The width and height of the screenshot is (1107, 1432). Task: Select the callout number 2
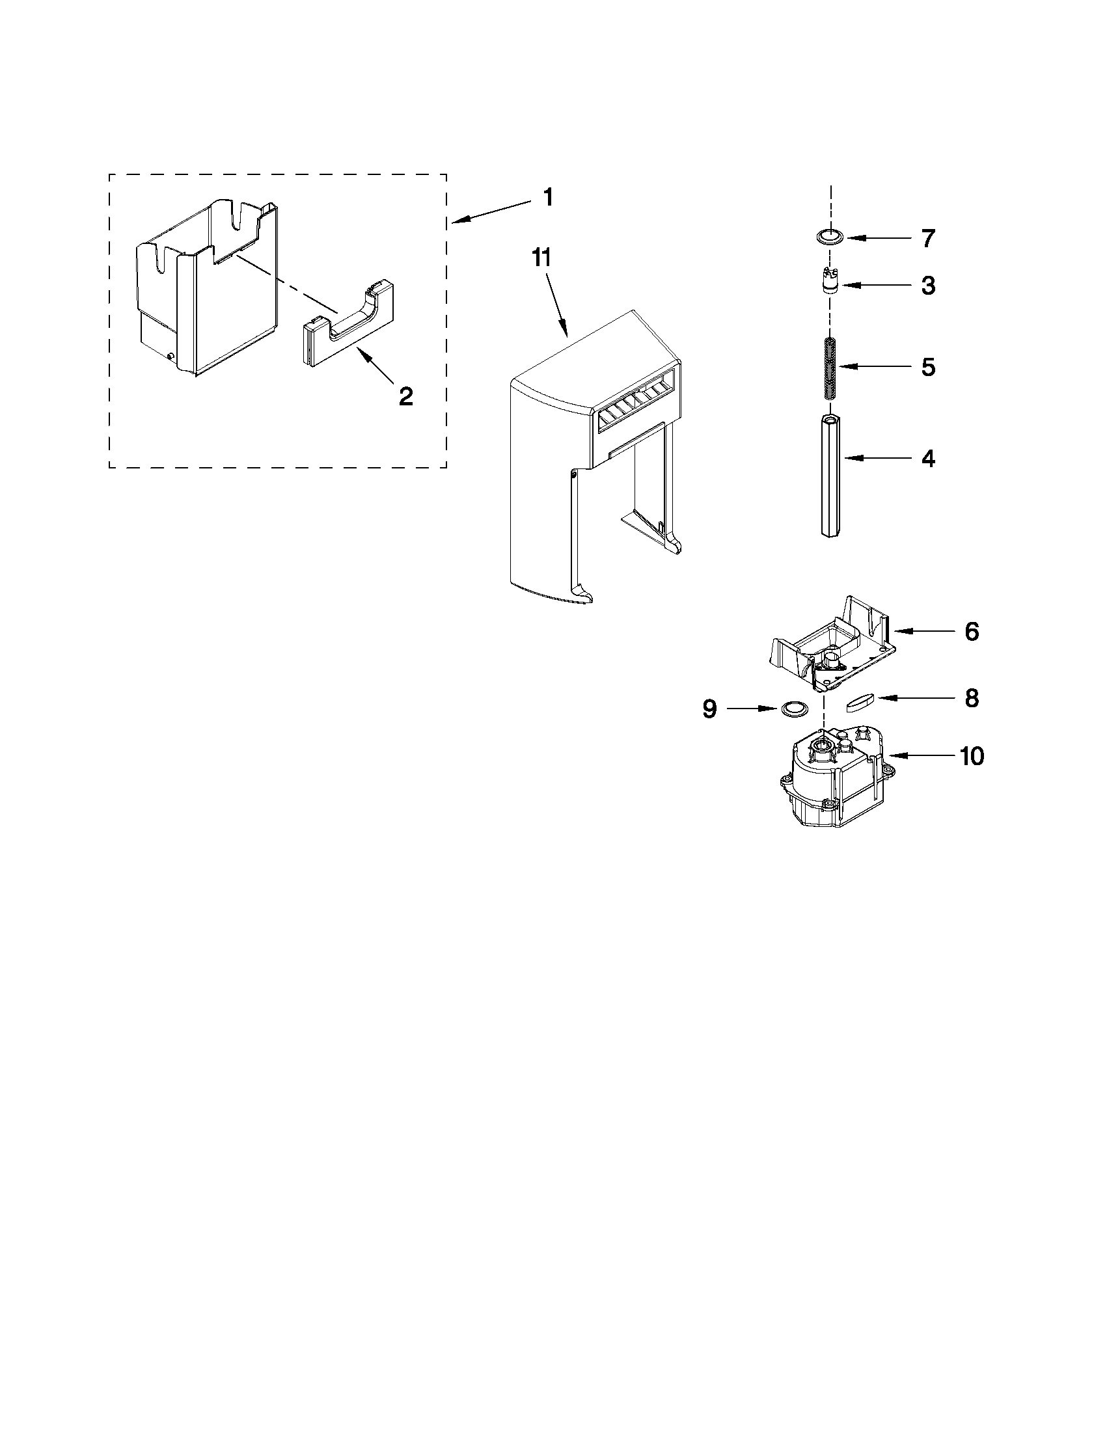click(x=406, y=396)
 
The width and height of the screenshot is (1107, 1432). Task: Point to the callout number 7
click(x=927, y=238)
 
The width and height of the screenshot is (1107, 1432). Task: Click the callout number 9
click(x=710, y=709)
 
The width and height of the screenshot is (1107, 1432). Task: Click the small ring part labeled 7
click(x=831, y=237)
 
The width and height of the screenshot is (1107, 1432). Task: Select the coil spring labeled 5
click(x=830, y=368)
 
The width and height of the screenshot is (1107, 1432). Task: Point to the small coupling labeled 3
click(x=830, y=284)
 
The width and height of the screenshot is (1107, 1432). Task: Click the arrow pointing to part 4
click(x=874, y=459)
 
